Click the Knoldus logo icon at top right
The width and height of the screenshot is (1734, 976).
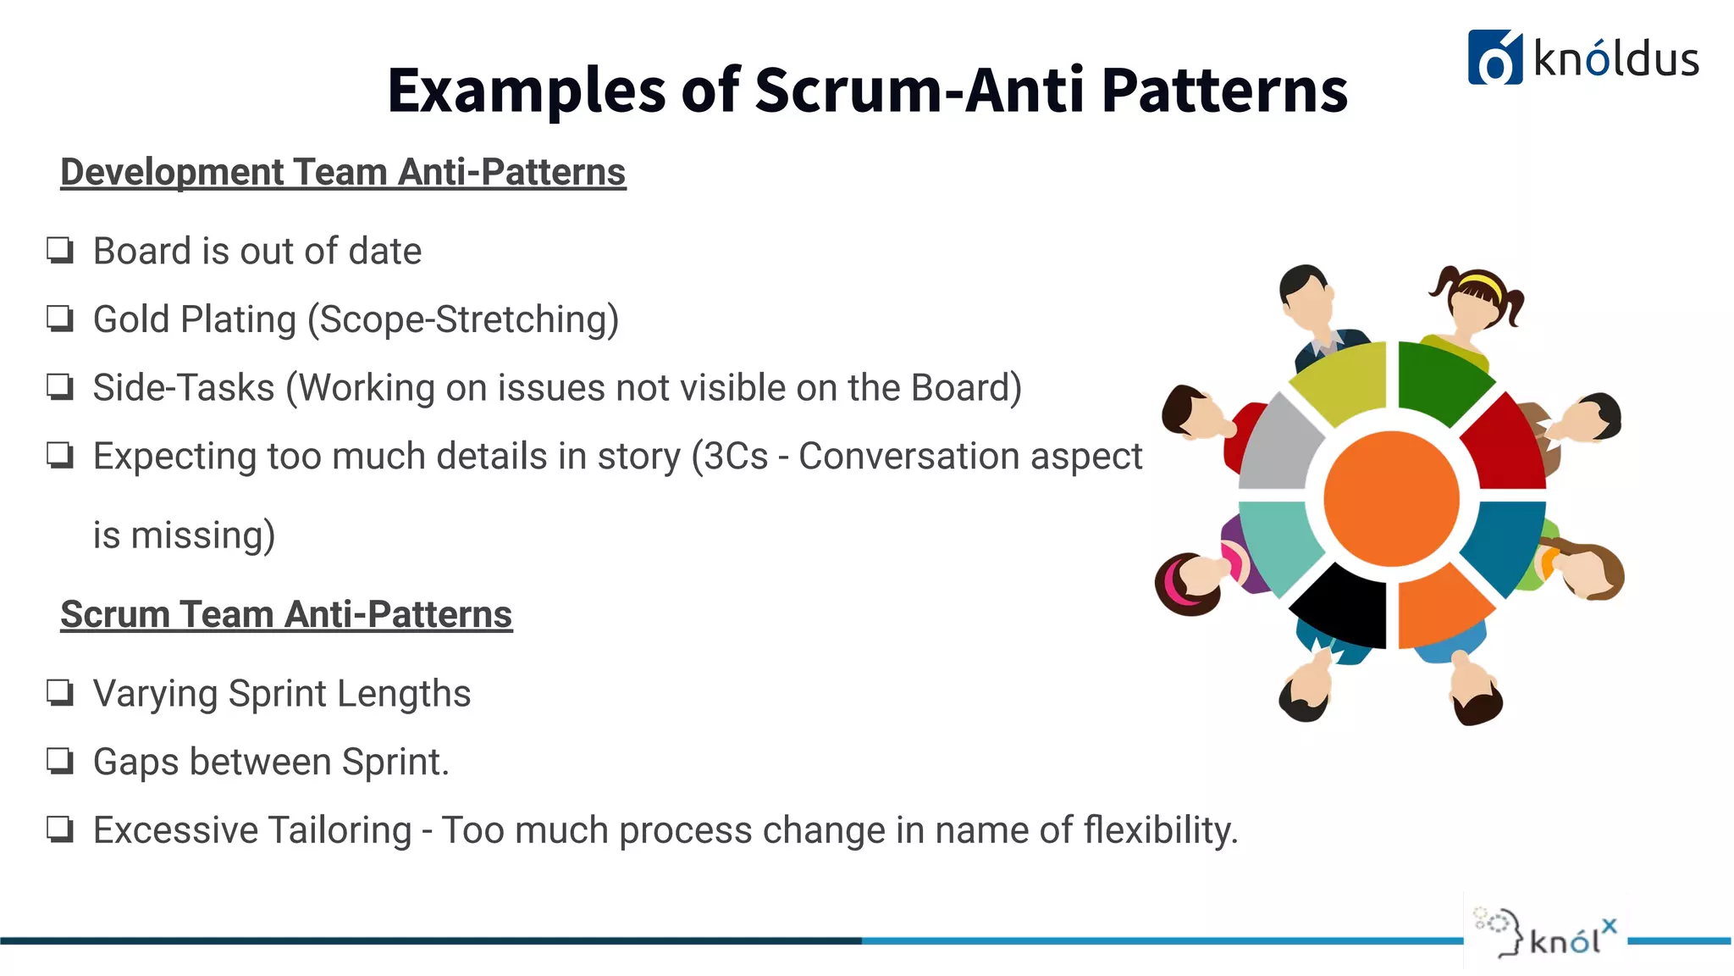click(1494, 58)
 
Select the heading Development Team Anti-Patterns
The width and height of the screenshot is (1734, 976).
click(343, 172)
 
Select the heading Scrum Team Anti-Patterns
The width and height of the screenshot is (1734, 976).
click(286, 614)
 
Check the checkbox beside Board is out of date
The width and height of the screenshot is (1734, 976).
click(60, 251)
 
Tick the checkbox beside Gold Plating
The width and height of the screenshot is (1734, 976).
click(60, 319)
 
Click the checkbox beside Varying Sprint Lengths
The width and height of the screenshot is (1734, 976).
click(60, 693)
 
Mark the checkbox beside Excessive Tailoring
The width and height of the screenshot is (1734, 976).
click(60, 829)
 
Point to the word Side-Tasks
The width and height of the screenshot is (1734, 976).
click(184, 388)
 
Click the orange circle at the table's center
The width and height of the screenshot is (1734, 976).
click(1391, 498)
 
